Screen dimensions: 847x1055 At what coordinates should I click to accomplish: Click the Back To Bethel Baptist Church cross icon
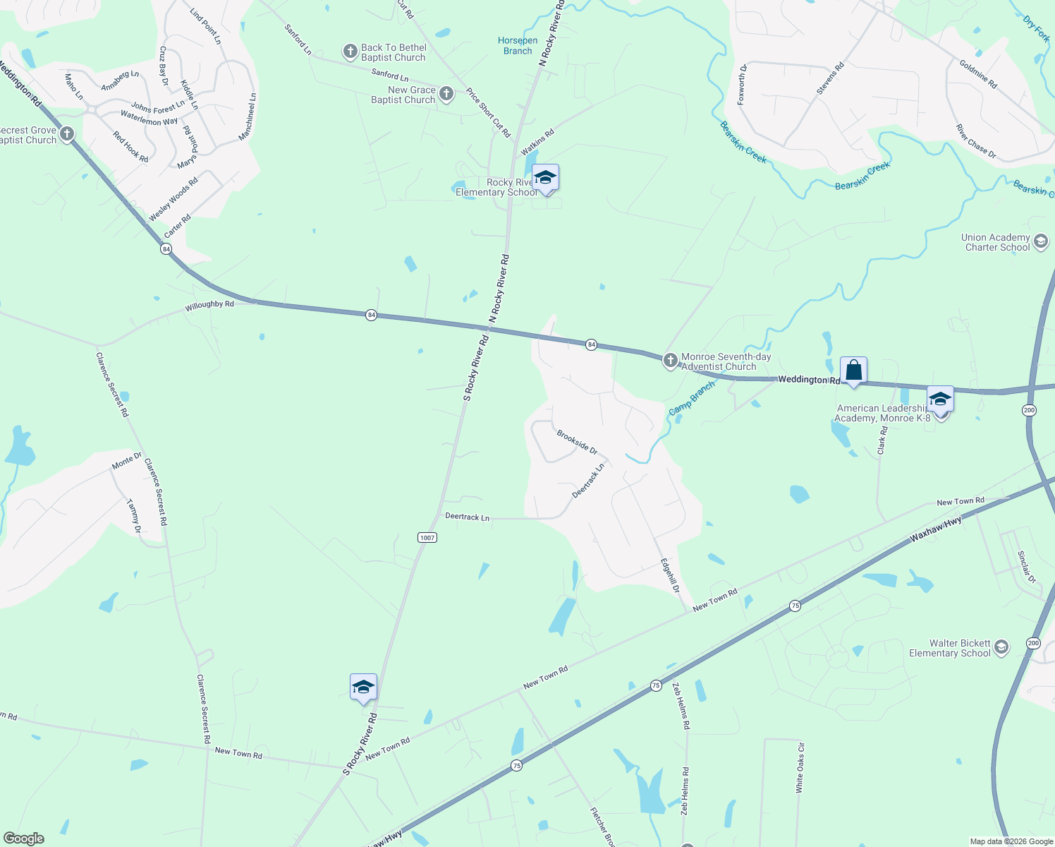click(x=350, y=52)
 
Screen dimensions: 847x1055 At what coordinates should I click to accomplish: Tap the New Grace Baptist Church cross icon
click(x=446, y=94)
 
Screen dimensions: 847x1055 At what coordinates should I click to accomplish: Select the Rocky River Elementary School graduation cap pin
click(x=545, y=178)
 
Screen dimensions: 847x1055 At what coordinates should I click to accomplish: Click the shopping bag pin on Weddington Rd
click(x=853, y=371)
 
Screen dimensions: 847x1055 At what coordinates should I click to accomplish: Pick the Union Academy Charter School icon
click(x=1041, y=243)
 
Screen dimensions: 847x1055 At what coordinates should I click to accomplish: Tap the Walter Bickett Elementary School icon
click(x=1001, y=648)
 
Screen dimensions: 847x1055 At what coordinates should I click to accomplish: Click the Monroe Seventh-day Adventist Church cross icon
click(x=670, y=361)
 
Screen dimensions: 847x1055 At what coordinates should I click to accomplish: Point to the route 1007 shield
click(x=427, y=538)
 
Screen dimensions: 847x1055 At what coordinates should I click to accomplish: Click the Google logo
click(x=23, y=839)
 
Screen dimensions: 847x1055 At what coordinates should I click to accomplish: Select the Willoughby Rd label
click(x=209, y=306)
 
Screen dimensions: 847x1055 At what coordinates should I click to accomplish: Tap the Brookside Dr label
click(x=577, y=442)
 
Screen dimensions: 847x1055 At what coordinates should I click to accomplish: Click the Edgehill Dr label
click(x=669, y=575)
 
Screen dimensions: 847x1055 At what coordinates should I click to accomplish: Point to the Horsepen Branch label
click(x=518, y=46)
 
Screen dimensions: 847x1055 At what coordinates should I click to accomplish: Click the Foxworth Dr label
click(x=742, y=85)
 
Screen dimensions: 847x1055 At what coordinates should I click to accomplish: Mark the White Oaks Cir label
click(x=800, y=767)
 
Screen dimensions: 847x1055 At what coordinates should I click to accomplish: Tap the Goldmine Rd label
click(x=978, y=74)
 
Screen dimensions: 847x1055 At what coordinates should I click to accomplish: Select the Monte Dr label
click(x=127, y=462)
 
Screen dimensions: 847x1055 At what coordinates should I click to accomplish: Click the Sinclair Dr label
click(x=1027, y=567)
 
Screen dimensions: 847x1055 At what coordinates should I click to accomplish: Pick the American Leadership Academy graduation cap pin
click(x=940, y=400)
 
